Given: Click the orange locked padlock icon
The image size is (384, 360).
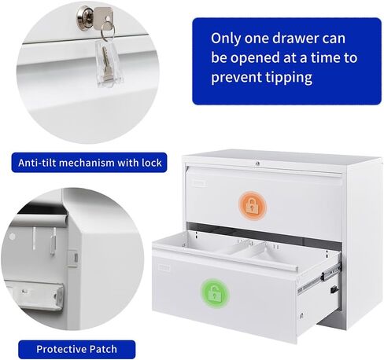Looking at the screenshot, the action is click(x=252, y=205).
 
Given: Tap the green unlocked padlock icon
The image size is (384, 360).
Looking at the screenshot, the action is click(x=214, y=293).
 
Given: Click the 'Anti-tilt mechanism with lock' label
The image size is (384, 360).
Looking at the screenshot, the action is click(x=89, y=163).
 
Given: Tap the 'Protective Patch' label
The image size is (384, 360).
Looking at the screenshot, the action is click(x=76, y=349).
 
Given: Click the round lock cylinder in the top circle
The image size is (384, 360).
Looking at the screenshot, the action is click(x=85, y=16).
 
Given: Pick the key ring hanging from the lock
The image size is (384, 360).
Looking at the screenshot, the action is click(x=107, y=31).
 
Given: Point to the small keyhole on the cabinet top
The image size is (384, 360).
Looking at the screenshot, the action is click(x=257, y=163).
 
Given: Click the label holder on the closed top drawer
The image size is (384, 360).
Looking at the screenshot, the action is click(x=199, y=182).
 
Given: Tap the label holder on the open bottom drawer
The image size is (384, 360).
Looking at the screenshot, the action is click(x=164, y=268).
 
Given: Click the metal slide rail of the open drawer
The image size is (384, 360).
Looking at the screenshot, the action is click(x=319, y=279).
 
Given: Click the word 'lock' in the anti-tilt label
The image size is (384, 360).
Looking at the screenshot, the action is click(x=152, y=163).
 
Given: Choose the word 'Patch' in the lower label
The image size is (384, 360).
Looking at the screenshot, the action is click(x=103, y=349).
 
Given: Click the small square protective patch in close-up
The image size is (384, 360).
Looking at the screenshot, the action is click(x=73, y=258).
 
